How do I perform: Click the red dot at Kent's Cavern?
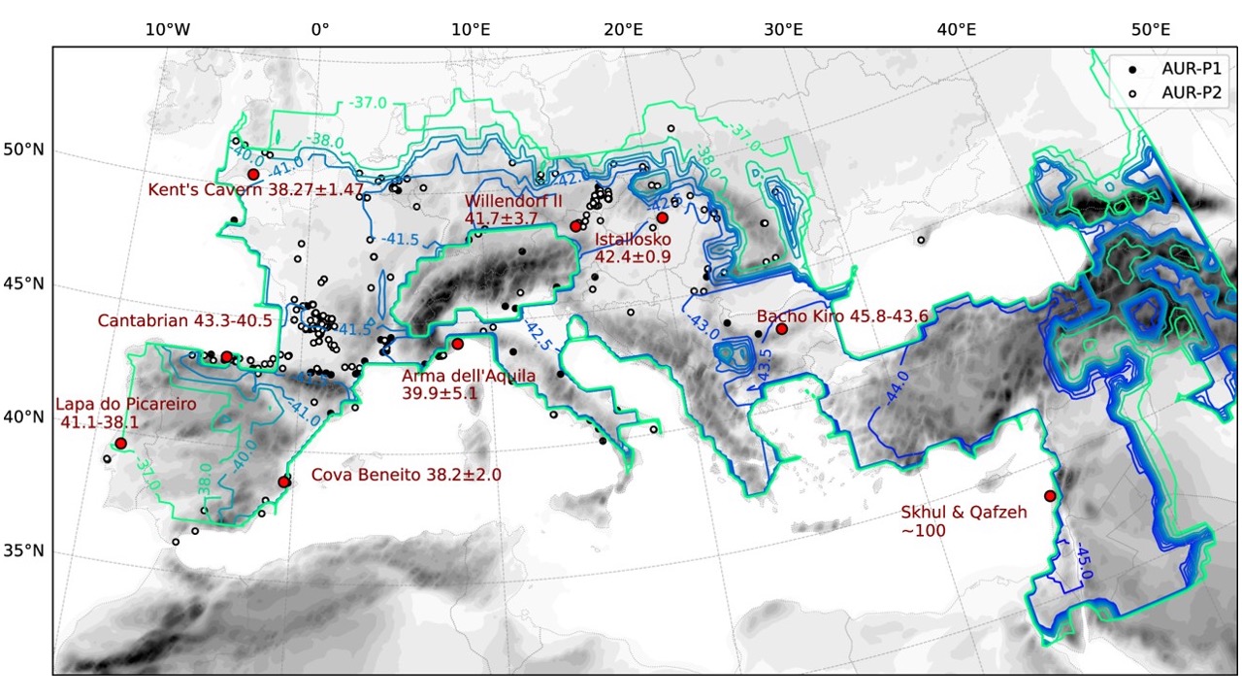pos(253,174)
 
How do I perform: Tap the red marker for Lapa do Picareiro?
pos(121,444)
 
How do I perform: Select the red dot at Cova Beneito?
pos(283,482)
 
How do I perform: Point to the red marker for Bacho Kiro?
pos(781,329)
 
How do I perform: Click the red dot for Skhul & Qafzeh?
pos(1050,496)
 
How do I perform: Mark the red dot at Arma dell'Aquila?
pos(457,344)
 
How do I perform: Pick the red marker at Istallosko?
pos(663,217)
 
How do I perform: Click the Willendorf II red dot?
pos(575,225)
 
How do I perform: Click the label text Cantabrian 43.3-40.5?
pos(185,320)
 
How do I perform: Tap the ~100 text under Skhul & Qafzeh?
pos(924,530)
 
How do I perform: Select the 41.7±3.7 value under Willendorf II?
pos(501,219)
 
